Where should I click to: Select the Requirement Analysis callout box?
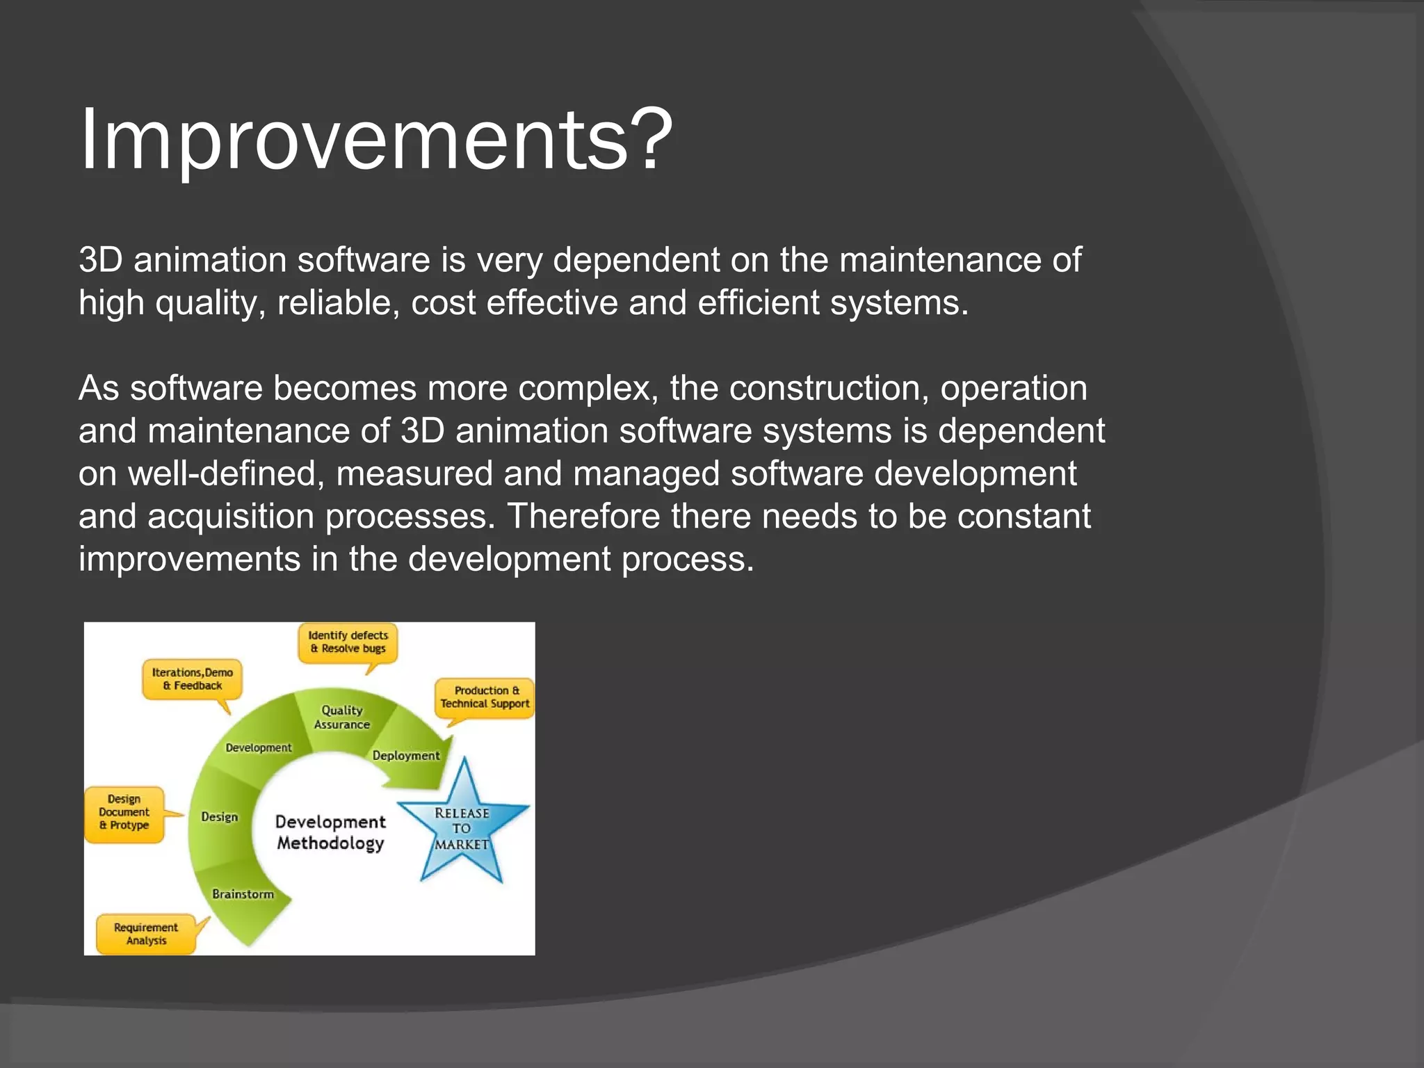pos(146,934)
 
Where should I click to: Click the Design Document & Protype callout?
pos(124,813)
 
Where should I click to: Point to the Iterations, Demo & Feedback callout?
pos(193,679)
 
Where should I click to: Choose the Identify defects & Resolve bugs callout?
pos(348,642)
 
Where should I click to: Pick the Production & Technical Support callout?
pos(485,697)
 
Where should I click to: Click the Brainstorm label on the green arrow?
pos(243,894)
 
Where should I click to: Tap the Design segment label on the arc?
pos(219,817)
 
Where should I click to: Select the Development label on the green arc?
pos(259,748)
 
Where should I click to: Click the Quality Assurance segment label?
pos(341,718)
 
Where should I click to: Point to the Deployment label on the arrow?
pos(406,756)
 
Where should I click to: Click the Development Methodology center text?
pos(330,832)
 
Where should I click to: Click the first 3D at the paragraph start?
pos(100,260)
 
